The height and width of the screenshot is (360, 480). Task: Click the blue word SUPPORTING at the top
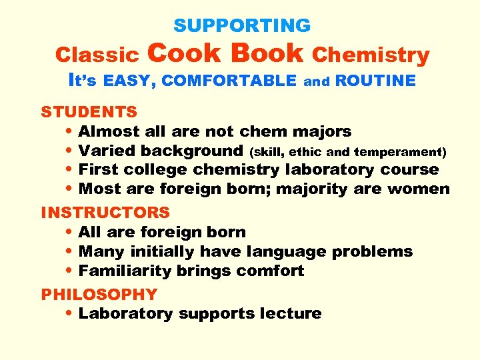242,26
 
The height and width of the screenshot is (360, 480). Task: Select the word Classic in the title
97,55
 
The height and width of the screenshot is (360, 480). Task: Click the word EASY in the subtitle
129,81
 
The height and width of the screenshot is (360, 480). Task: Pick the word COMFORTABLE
229,81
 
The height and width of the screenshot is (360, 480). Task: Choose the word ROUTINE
375,81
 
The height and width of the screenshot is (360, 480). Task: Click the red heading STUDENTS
89,111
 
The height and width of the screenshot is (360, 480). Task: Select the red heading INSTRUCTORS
105,213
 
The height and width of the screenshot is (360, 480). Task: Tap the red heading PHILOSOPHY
99,294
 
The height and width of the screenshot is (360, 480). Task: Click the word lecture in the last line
292,313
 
